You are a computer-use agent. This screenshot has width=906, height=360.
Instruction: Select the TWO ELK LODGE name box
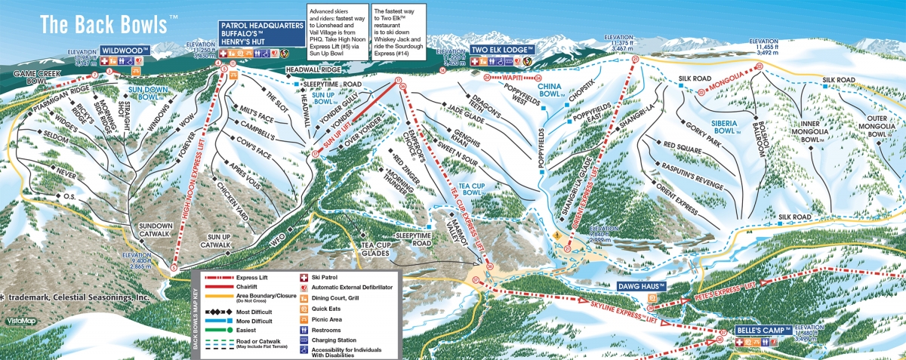[498, 50]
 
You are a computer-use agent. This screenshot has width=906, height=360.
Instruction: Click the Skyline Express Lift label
[612, 311]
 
